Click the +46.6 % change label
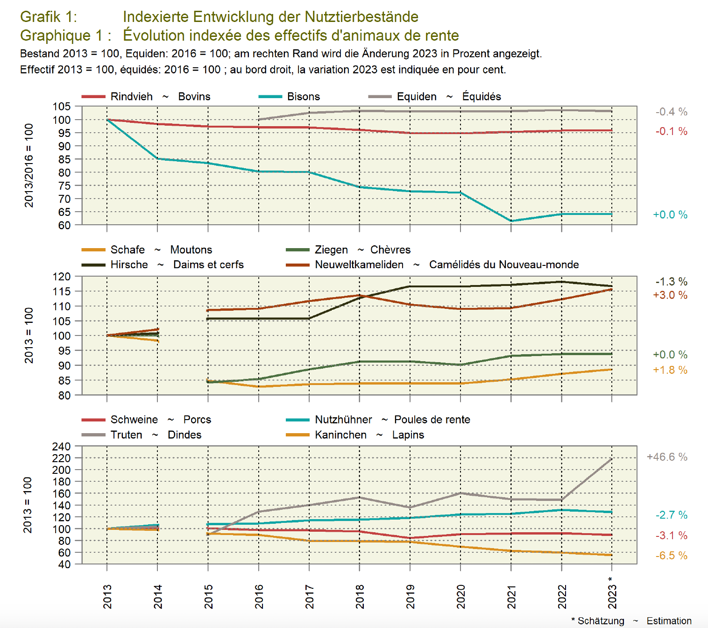[x=666, y=457]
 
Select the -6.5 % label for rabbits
[x=671, y=556]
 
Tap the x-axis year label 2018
[x=360, y=597]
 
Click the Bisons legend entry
[x=303, y=97]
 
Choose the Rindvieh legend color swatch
[x=93, y=97]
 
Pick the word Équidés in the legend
[x=481, y=97]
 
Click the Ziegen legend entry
[x=331, y=250]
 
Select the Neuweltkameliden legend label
[x=359, y=265]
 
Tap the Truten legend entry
[x=126, y=435]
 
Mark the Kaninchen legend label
[x=340, y=435]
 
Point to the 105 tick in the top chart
[x=62, y=107]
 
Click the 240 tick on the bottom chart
[x=62, y=446]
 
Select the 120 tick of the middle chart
[x=62, y=277]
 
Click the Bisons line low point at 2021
[x=511, y=221]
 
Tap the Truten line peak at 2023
[x=612, y=459]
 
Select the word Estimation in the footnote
[x=669, y=621]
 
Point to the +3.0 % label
[x=670, y=295]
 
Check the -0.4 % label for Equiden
[x=671, y=112]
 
